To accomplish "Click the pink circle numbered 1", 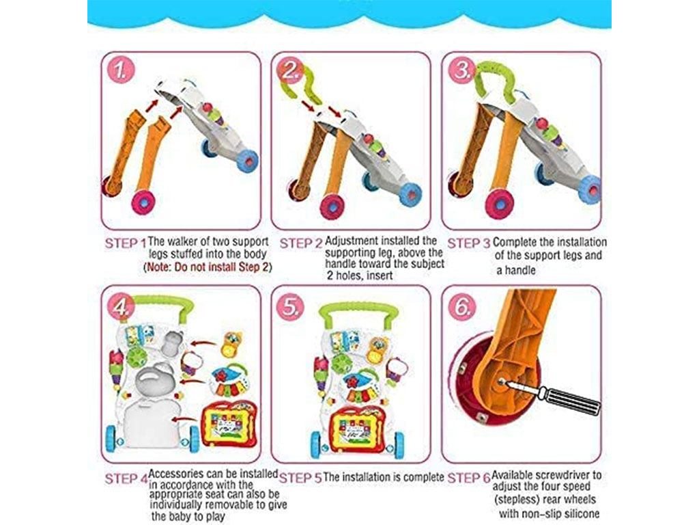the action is coord(120,70).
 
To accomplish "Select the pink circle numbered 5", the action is coord(290,307).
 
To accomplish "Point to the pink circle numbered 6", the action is coord(462,307).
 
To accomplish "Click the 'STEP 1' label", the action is coord(126,243).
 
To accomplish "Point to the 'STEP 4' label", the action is coord(126,479).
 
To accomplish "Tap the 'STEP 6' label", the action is coord(468,478).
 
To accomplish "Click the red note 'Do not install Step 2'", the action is coord(208,267).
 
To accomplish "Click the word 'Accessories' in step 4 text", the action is coord(178,473).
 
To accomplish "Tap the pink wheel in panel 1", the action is coord(143,202).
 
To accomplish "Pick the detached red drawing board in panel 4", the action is coord(229,425).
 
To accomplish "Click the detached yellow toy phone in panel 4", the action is coord(232,345).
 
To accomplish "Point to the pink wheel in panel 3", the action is coord(499,204).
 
